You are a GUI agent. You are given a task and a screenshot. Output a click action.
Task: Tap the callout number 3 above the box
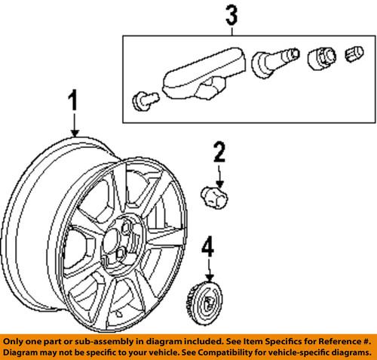[230, 14]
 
